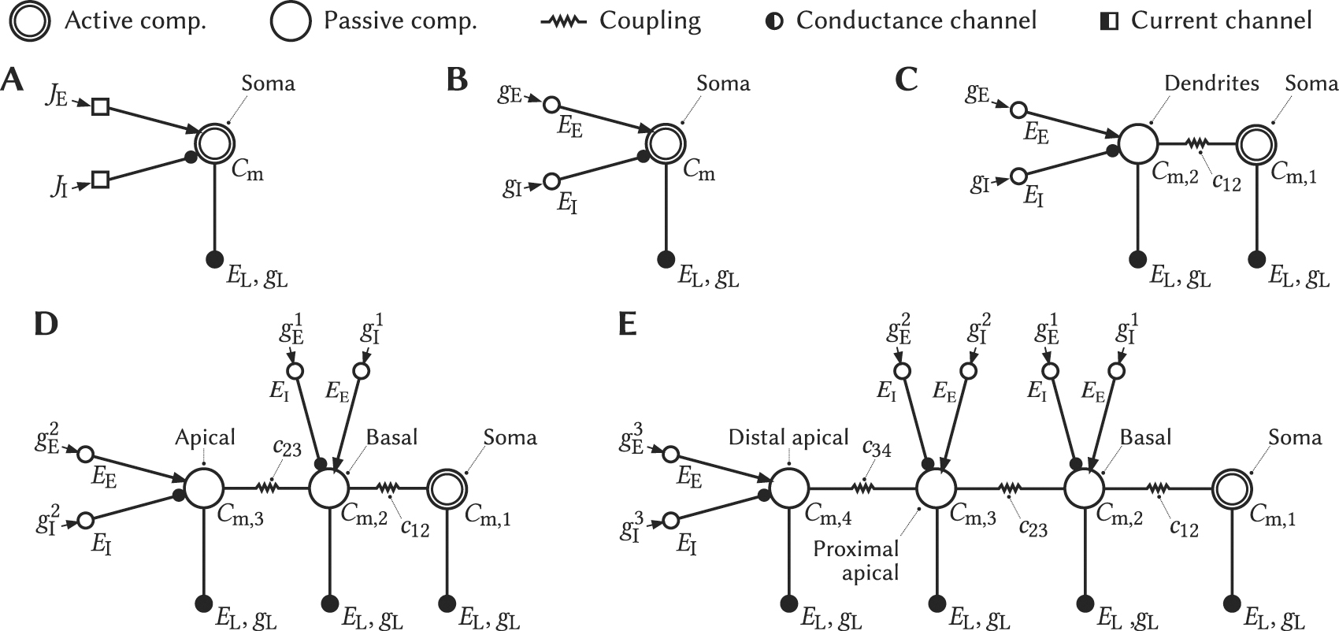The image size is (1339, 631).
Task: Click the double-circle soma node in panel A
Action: [215, 144]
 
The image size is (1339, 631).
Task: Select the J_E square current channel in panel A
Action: [100, 106]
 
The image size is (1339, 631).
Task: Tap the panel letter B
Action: [457, 80]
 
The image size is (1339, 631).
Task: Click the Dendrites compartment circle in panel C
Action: [1137, 144]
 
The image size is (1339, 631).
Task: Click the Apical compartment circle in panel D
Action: [204, 488]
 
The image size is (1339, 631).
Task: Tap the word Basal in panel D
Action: [391, 437]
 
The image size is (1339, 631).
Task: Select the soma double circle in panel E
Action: [1230, 488]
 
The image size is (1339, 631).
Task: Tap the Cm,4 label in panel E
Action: [827, 516]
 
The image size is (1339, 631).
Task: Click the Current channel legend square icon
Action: [1109, 21]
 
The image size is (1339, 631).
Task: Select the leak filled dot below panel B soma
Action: [666, 258]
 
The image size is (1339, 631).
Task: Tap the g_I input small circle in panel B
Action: [551, 182]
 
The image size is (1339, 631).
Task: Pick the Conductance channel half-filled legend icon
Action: [775, 21]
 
